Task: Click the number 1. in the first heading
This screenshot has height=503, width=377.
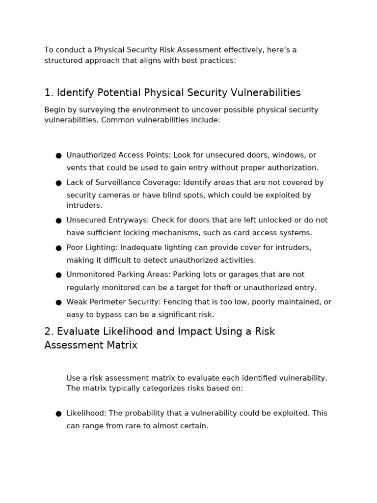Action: [49, 93]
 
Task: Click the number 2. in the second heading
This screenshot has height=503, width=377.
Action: [49, 332]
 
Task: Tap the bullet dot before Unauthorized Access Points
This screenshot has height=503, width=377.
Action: [58, 156]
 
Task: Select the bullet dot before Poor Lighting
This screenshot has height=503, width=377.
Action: [58, 248]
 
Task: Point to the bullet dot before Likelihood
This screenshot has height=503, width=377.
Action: [58, 414]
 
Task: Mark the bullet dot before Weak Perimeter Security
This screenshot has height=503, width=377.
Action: [58, 303]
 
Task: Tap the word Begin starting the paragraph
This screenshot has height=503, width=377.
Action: [54, 110]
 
